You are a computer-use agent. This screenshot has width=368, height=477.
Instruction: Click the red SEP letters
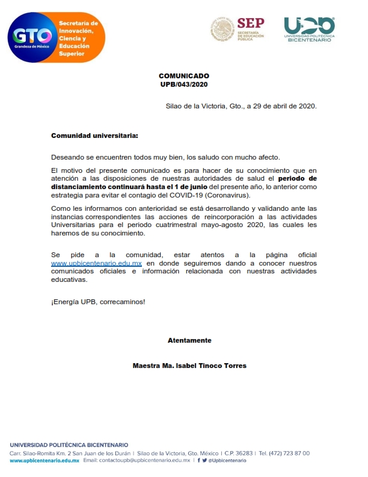point(250,23)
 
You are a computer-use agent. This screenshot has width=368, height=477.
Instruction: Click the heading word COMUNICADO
point(184,76)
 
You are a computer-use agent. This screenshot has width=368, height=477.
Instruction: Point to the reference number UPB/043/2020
point(184,84)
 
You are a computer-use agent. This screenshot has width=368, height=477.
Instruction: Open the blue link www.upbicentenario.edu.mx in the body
point(96,264)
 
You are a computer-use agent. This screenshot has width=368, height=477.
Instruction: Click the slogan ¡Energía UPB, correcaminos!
point(98,301)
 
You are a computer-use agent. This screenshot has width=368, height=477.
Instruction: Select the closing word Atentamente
point(189,340)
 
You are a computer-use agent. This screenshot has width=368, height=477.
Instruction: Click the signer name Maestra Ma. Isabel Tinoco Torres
point(189,366)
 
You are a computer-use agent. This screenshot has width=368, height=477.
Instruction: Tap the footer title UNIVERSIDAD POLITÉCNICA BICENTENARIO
point(69,445)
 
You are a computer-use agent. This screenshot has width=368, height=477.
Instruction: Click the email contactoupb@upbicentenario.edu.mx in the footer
point(136,460)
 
